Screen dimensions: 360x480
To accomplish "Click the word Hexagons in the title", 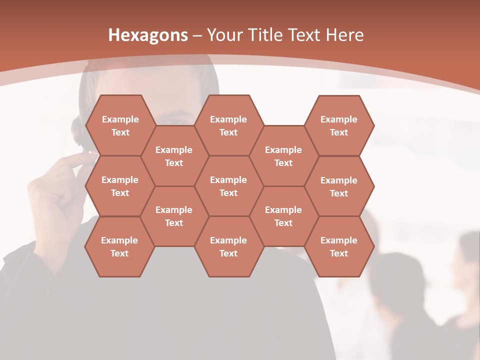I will click(148, 35).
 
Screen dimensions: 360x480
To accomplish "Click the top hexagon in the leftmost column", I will click(120, 125).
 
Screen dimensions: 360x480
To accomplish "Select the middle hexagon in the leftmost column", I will click(120, 186).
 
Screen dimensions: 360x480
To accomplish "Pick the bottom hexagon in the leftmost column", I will click(119, 246).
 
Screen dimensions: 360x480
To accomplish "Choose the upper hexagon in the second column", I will click(174, 156).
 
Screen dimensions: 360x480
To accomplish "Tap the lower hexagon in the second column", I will click(174, 216).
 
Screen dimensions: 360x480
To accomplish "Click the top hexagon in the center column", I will click(228, 125).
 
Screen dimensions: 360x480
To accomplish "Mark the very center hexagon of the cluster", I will click(228, 186).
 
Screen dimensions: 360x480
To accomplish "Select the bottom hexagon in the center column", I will click(228, 246).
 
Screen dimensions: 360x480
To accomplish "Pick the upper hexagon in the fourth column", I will click(283, 156).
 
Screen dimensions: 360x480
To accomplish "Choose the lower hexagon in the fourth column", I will click(283, 216).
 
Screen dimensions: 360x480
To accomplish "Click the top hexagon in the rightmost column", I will click(339, 125).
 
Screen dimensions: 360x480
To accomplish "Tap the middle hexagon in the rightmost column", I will click(339, 186).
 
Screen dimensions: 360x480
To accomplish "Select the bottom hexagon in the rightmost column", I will click(339, 246).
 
